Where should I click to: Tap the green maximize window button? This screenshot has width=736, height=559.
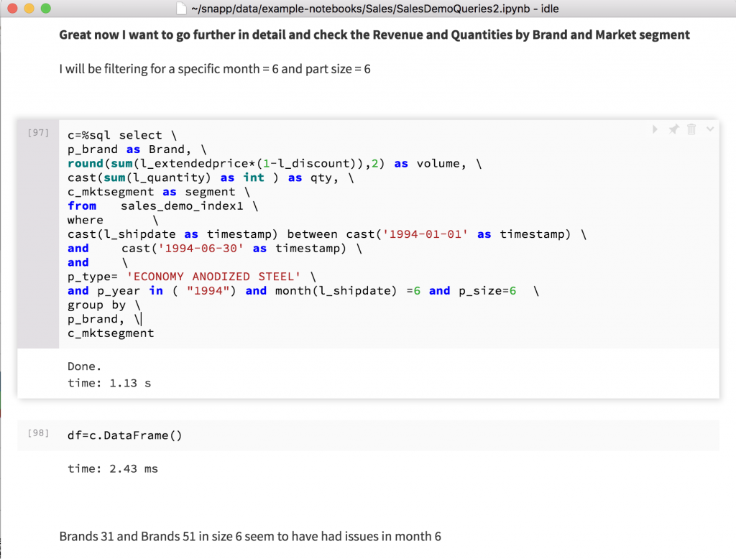pyautogui.click(x=45, y=9)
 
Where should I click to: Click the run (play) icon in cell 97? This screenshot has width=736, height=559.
pyautogui.click(x=655, y=129)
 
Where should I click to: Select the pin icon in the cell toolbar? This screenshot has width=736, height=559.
pyautogui.click(x=673, y=129)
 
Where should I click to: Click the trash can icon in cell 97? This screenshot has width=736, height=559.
pyautogui.click(x=691, y=129)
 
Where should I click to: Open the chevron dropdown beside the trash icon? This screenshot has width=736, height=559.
pyautogui.click(x=709, y=129)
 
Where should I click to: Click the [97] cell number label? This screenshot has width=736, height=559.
pyautogui.click(x=37, y=133)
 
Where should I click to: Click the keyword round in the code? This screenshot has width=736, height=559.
pyautogui.click(x=86, y=164)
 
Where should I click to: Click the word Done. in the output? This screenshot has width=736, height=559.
pyautogui.click(x=85, y=366)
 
